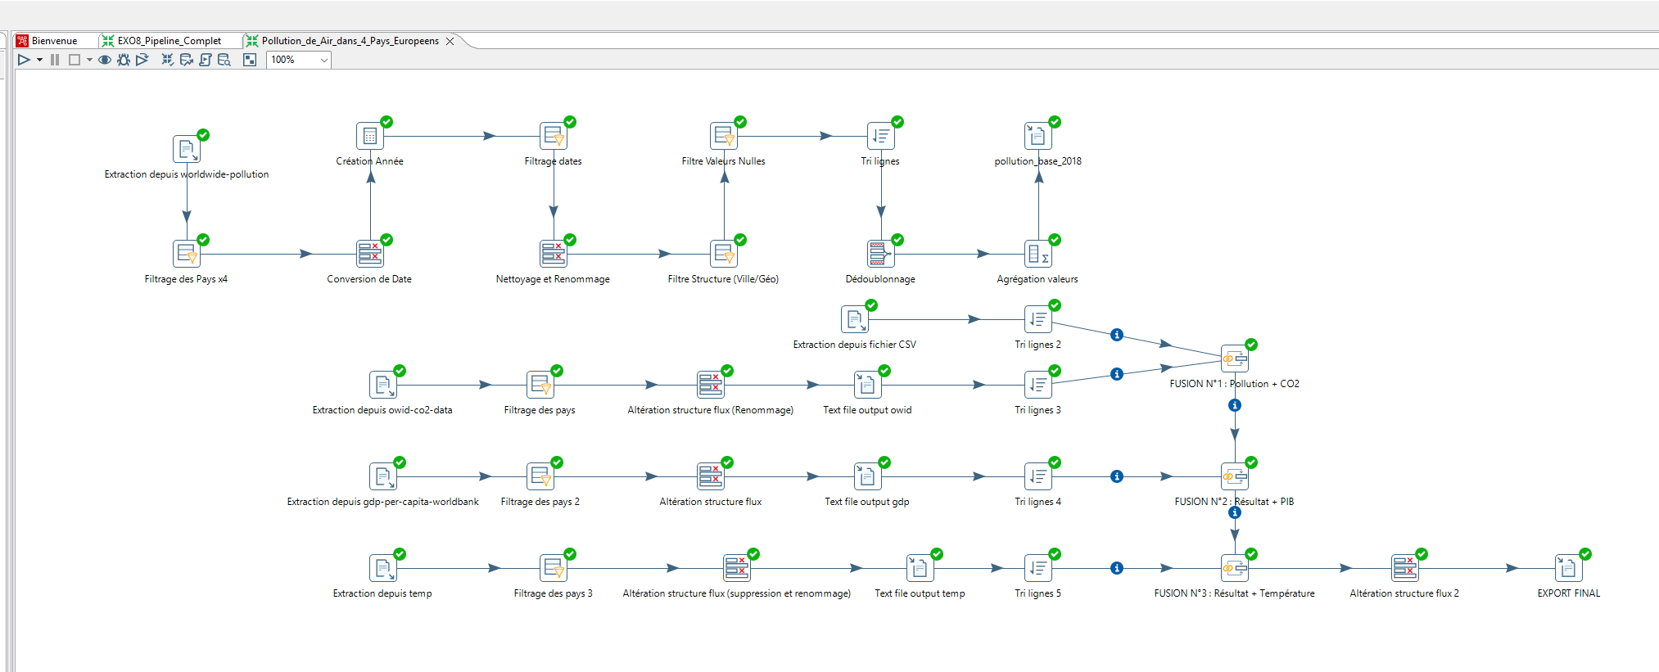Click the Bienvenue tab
tap(53, 41)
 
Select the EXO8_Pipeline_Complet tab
tap(169, 41)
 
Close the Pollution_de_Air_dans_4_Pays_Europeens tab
tap(450, 41)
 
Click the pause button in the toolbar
tap(55, 60)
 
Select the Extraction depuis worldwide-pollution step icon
tap(187, 149)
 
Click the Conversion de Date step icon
tap(370, 254)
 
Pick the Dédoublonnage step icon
tap(880, 254)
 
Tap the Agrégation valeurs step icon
tap(1037, 254)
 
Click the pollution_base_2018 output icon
tap(1037, 136)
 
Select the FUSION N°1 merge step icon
tap(1234, 359)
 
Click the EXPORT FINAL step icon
tap(1568, 568)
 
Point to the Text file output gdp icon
tap(867, 476)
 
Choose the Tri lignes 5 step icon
tap(1037, 568)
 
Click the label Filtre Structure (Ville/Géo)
tap(723, 279)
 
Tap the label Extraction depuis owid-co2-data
tap(382, 410)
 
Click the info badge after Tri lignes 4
tap(1117, 476)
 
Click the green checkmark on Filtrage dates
tap(570, 122)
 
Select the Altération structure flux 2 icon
tap(1404, 568)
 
